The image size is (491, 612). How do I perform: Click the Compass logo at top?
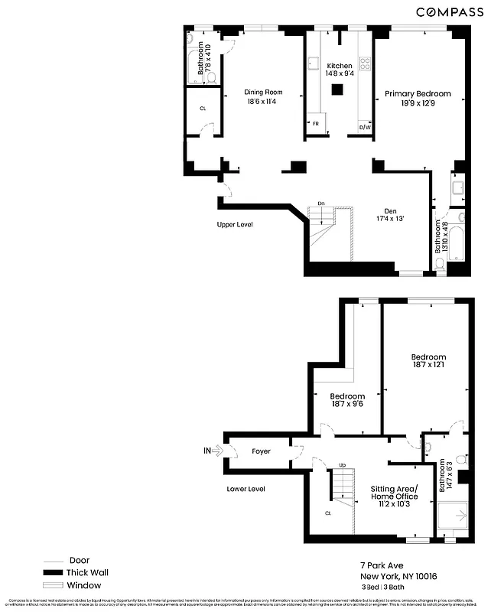449,11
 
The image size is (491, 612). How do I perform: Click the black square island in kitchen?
337,90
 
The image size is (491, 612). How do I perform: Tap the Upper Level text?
235,225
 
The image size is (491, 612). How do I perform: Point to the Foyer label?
261,451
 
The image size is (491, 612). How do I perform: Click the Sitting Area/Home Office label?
394,493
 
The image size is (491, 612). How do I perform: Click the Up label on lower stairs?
342,465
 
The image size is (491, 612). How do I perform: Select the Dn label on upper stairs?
322,203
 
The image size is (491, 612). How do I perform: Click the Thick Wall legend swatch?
53,572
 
